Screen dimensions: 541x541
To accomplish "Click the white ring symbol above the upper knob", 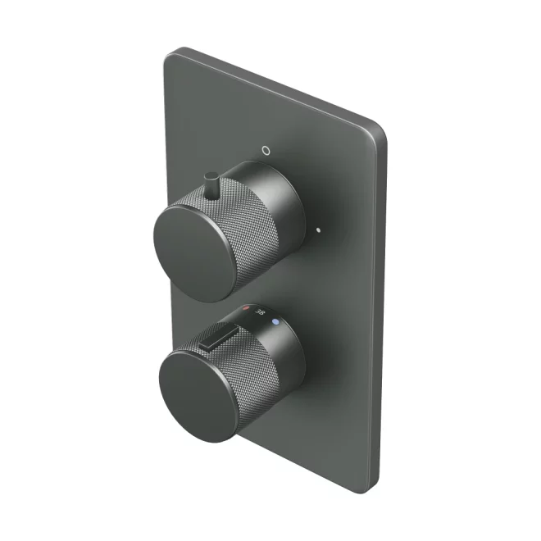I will (x=264, y=151).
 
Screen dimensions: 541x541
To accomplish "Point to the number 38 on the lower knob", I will (x=261, y=313).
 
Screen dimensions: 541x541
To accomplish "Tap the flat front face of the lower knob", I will (x=194, y=391).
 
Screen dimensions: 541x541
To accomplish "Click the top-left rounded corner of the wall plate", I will (x=172, y=56).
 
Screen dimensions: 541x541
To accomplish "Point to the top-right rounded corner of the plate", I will (x=379, y=130).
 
